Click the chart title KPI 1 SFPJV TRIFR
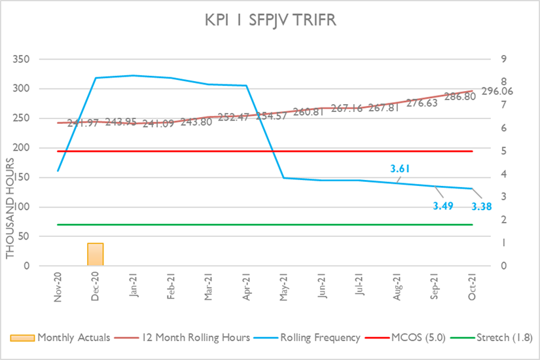click(270, 21)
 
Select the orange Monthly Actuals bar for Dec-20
click(96, 255)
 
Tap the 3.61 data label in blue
click(400, 170)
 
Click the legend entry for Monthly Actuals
click(65, 338)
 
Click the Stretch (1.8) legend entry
click(500, 338)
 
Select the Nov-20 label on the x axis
click(58, 289)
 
